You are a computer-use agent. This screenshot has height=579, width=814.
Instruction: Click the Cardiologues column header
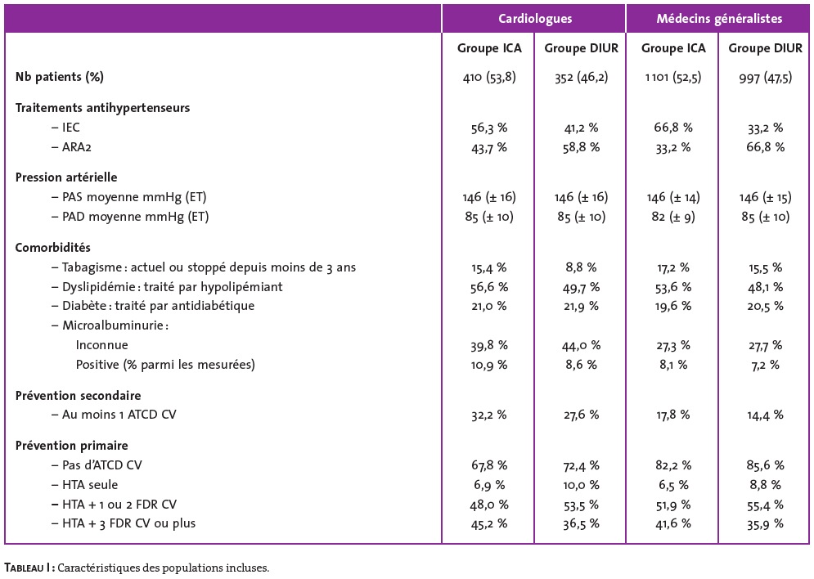pos(535,19)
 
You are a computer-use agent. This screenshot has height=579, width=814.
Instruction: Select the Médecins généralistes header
pos(719,19)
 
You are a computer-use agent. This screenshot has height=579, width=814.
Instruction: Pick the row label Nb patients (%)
pos(60,77)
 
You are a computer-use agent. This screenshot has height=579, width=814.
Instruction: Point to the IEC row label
pos(70,128)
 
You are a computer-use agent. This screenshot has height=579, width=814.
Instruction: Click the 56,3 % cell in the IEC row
pos(489,128)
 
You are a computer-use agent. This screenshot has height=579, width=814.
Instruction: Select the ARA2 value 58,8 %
pos(581,147)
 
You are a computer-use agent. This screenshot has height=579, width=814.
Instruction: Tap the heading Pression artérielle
pos(66,177)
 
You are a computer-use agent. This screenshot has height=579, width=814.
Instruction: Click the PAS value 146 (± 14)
pos(673,198)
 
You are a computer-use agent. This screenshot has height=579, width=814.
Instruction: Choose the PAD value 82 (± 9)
pos(673,217)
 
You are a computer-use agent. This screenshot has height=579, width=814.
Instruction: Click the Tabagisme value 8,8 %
pos(581,267)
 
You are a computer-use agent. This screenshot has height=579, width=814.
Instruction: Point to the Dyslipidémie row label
pos(173,287)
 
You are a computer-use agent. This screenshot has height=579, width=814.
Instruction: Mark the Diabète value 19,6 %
pos(673,306)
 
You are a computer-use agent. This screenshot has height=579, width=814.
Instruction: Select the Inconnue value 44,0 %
pos(581,346)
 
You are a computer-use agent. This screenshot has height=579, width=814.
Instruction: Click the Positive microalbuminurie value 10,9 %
pos(489,365)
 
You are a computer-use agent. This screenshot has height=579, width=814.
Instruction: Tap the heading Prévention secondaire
pos(78,396)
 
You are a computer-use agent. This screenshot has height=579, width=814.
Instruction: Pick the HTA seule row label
pos(90,485)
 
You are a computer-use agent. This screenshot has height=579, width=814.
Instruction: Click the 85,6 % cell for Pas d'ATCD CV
pos(765,465)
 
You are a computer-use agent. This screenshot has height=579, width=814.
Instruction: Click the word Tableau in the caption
pos(24,568)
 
